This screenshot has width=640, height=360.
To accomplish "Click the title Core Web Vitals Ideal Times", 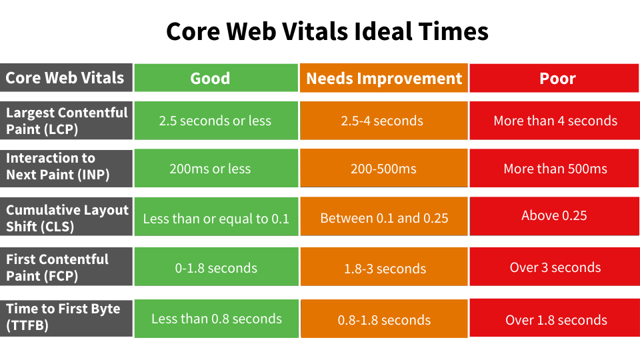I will pos(327,31).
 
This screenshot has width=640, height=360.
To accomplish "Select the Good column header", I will pos(215,78).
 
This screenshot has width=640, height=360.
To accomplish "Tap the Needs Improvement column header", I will pos(384,78).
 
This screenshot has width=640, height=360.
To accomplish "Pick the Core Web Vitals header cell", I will pos(65,78).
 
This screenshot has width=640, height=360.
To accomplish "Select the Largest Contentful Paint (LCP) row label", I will pos(65,121).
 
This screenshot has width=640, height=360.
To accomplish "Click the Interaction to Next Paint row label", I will pos(65,167).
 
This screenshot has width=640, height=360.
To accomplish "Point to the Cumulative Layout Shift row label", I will pos(65,218).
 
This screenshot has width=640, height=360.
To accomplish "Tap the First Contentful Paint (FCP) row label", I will pos(65,267).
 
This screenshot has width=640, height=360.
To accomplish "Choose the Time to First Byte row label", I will pos(65,317).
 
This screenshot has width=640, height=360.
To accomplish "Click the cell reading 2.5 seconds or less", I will pos(215,121).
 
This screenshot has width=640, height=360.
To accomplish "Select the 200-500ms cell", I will pos(384,169).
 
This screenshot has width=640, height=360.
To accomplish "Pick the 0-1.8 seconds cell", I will pos(215,268).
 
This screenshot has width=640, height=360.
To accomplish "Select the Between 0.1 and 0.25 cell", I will pos(384,218).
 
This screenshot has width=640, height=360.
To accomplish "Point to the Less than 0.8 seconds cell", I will pos(215,319).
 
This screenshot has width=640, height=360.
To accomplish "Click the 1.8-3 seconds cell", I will pos(384,269).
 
